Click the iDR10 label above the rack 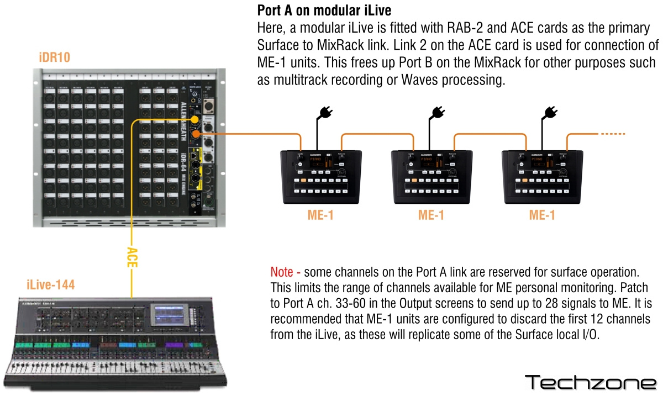pos(54,57)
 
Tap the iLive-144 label pos(50,286)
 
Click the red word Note pos(285,272)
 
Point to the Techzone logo pos(590,382)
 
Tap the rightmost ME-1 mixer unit pos(541,175)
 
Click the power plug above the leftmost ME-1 pos(323,114)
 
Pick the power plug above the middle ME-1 pos(437,114)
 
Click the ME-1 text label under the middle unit pos(431,215)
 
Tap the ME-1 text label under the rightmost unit pos(541,215)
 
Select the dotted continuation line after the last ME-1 pos(613,134)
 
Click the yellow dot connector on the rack pos(194,120)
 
